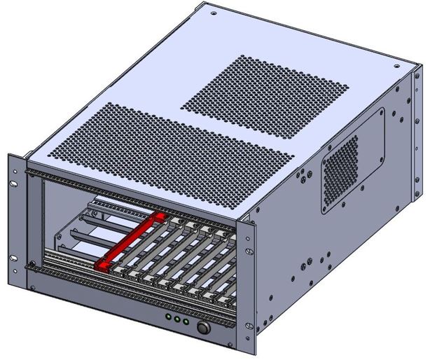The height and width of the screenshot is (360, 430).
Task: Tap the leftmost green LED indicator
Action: [168, 319]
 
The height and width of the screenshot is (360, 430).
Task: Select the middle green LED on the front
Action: [178, 321]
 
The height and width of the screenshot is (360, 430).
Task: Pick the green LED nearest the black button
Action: [187, 324]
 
